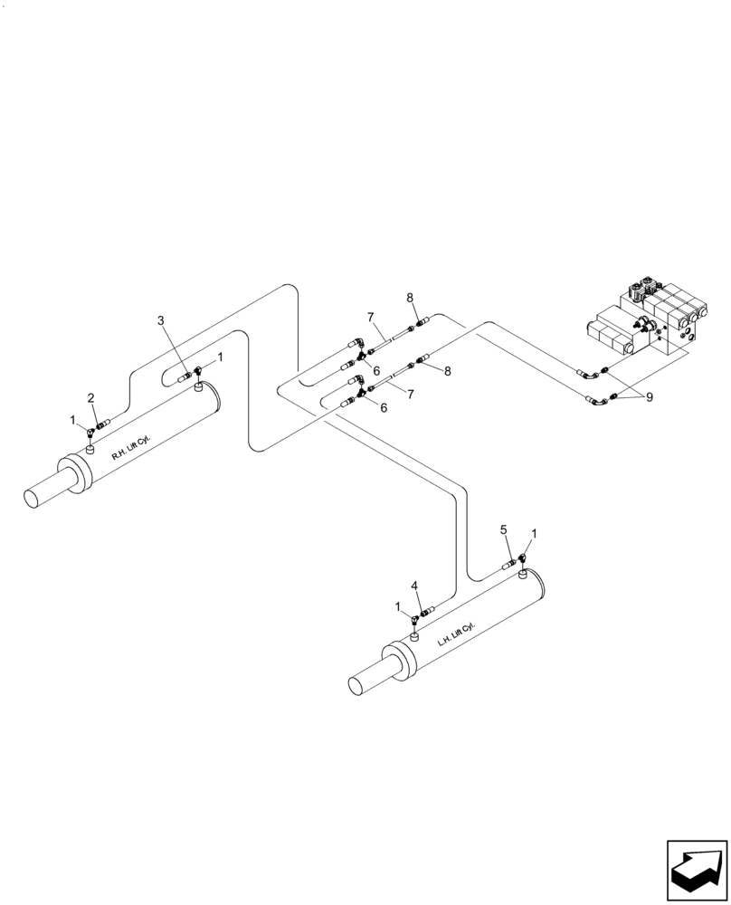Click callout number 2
90,397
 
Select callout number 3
161,320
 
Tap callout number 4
414,586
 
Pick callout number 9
649,396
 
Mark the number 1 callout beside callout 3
219,357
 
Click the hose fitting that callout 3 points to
185,374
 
